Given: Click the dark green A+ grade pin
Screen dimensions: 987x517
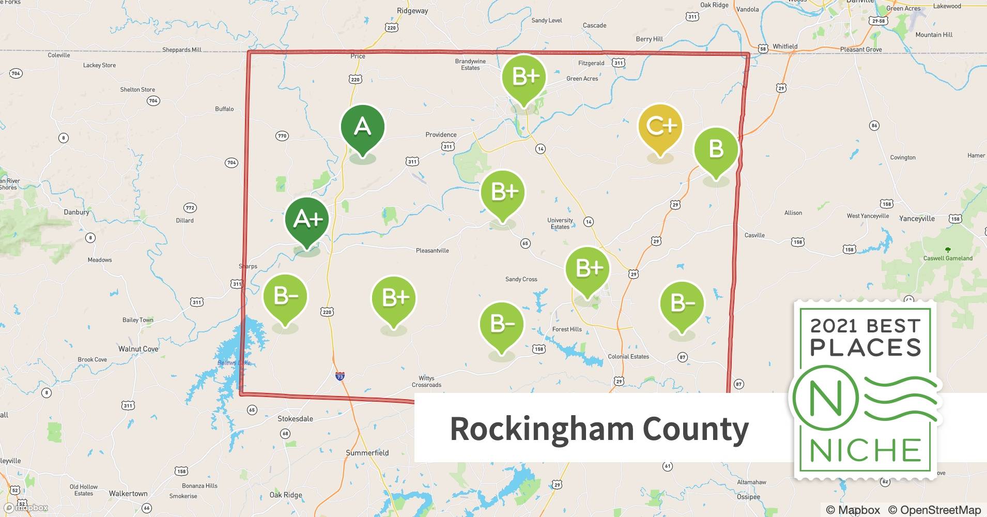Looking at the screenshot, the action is [307, 220].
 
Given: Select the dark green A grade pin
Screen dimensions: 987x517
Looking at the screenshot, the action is [362, 127].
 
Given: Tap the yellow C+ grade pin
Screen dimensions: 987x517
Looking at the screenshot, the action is [660, 126].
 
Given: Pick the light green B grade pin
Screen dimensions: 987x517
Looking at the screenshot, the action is [716, 149].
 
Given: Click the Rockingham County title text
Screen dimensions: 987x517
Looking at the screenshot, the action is [599, 429].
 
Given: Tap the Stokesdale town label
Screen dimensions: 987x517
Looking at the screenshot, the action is [295, 419].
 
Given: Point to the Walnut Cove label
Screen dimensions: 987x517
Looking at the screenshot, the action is [138, 349].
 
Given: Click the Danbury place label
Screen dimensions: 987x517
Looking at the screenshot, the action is [76, 212].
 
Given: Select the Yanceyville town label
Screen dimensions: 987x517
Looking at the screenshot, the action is [917, 219].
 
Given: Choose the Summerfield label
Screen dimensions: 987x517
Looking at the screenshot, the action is [367, 453].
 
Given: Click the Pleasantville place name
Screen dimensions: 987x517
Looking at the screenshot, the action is [432, 251].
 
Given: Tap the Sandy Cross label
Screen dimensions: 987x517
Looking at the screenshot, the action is [521, 279].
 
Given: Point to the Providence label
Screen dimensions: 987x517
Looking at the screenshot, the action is [441, 135].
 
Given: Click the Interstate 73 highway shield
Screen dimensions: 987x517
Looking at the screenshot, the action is [340, 376].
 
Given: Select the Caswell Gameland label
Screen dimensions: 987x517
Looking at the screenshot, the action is [948, 258].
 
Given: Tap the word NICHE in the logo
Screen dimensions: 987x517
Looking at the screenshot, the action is [865, 450].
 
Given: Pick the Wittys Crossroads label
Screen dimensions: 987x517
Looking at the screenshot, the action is [426, 382].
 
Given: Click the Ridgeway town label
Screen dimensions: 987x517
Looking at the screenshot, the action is [412, 11].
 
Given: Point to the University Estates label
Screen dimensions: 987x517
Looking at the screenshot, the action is [560, 223].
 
